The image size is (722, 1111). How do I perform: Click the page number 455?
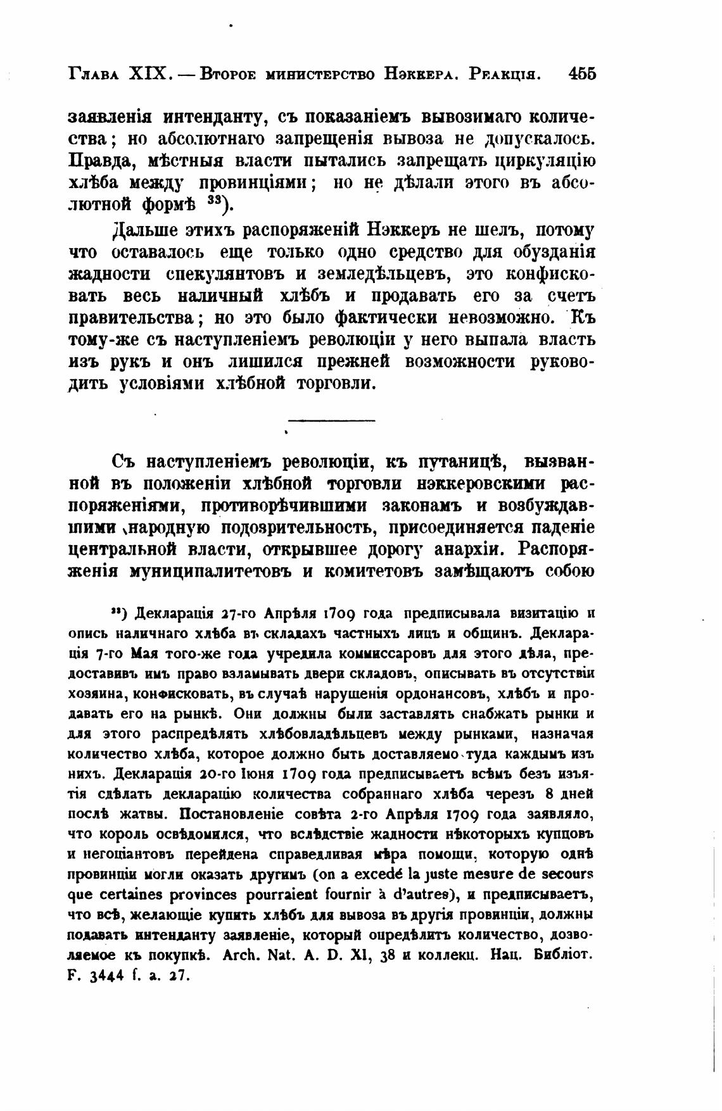click(582, 73)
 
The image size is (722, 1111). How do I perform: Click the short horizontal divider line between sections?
click(332, 420)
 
